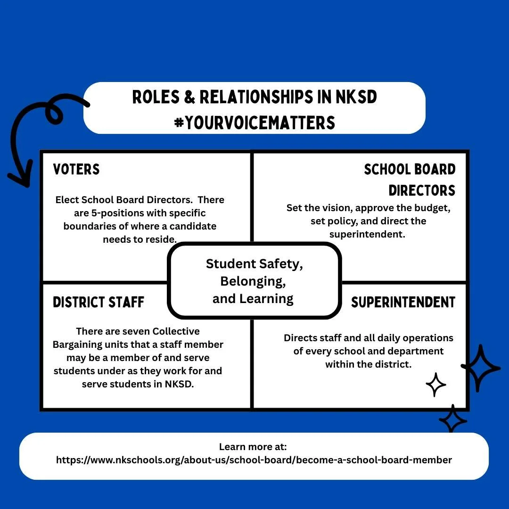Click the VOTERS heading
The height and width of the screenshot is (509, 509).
click(76, 169)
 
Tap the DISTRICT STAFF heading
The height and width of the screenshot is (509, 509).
click(99, 302)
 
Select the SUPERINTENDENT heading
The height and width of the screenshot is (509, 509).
click(403, 302)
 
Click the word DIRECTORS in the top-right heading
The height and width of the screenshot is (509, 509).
click(422, 190)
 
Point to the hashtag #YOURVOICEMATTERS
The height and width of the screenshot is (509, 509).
click(254, 123)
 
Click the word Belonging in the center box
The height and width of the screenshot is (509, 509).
click(253, 281)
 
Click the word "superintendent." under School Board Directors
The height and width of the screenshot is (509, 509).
click(367, 234)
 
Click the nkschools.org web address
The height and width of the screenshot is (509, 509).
click(254, 460)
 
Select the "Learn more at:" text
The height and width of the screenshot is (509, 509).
click(253, 447)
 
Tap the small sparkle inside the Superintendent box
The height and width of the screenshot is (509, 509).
click(436, 385)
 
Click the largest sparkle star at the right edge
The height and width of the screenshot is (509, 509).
click(480, 368)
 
